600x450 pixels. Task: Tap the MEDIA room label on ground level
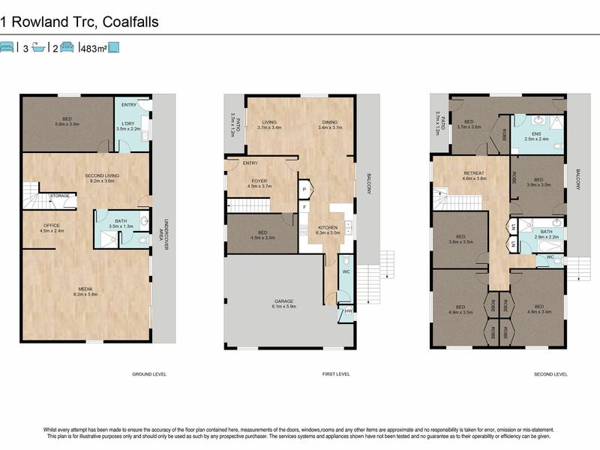coord(87,288)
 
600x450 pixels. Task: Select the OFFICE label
coord(51,226)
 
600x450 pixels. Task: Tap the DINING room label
coord(330,122)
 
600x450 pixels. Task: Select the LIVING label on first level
coord(269,122)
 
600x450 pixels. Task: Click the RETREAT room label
coord(474,173)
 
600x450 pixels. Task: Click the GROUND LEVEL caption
coord(149,373)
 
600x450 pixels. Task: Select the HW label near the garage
coord(348,311)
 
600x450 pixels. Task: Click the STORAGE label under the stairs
coord(60,196)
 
